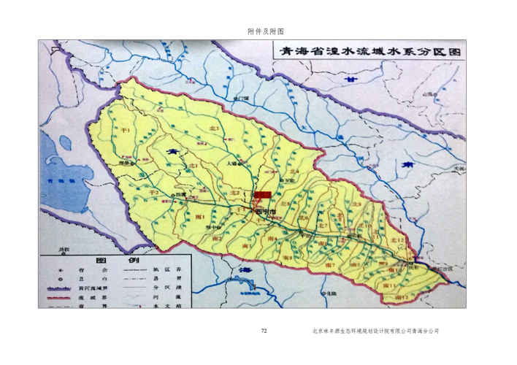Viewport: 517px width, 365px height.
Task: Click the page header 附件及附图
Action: pos(265,31)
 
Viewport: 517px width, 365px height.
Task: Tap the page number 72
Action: pos(264,331)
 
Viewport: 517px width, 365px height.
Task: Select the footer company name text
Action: pos(375,331)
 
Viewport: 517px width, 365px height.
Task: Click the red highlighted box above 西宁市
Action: pos(262,195)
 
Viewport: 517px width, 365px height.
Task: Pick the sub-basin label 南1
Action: pos(200,217)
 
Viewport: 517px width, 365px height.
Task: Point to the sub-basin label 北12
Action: pos(398,241)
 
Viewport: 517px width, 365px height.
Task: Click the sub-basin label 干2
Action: pos(154,191)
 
